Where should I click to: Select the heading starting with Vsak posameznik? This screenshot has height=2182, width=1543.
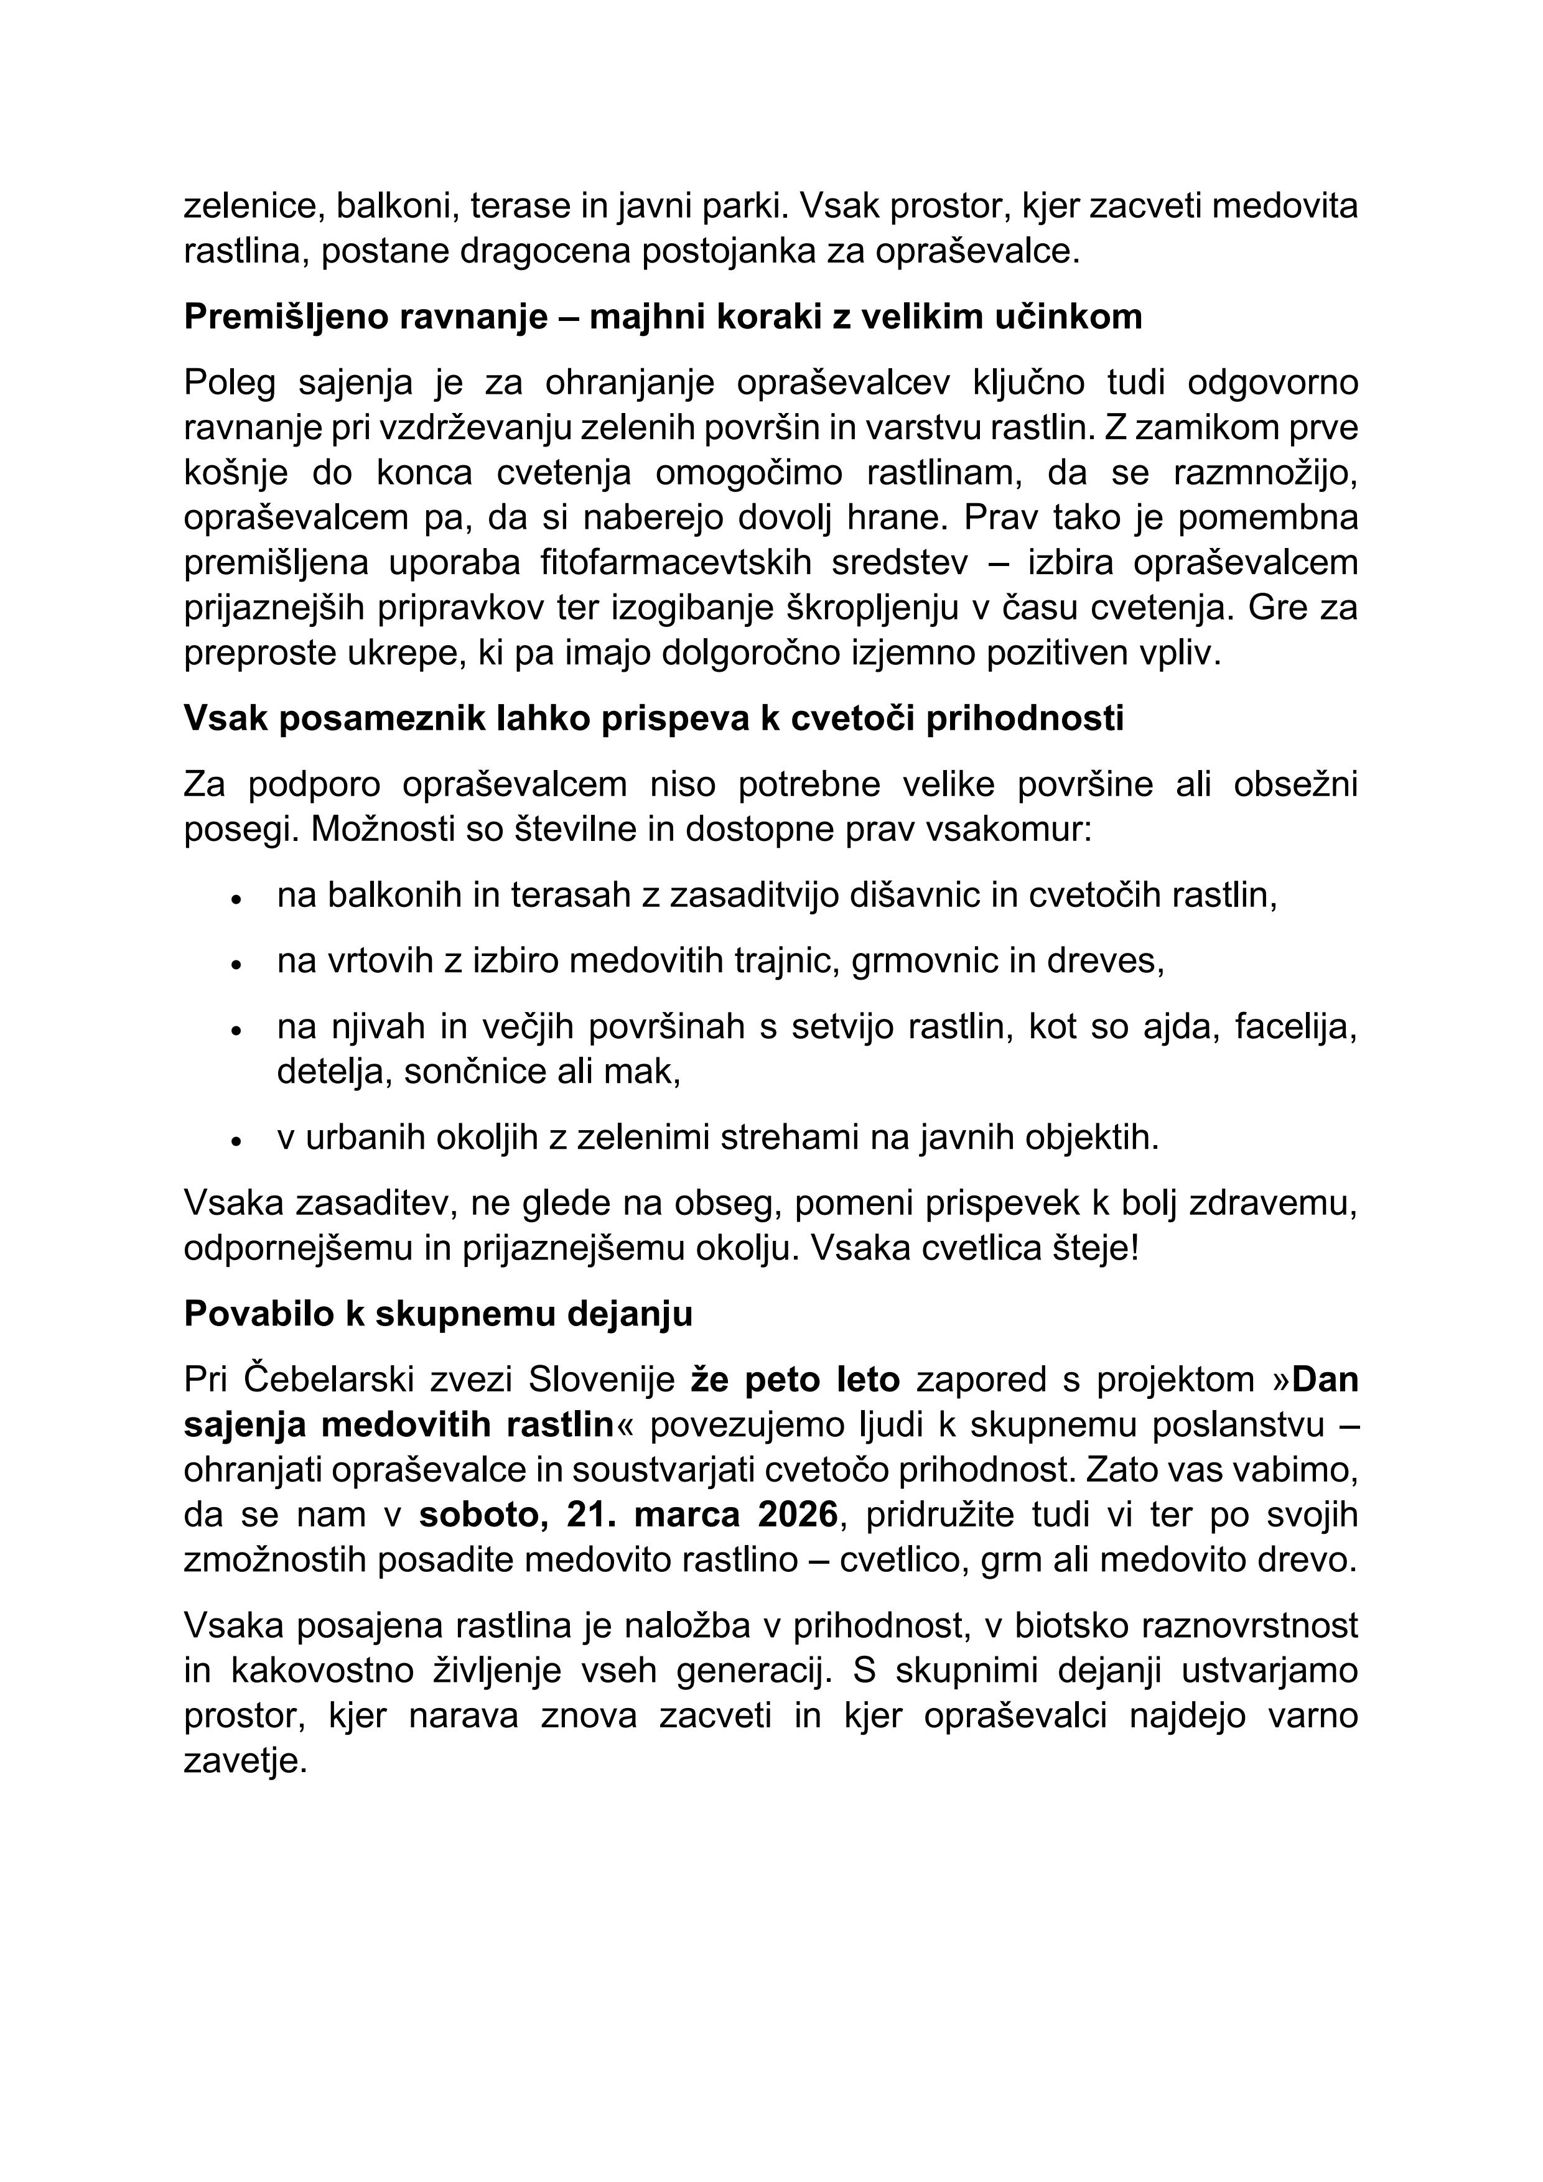(653, 718)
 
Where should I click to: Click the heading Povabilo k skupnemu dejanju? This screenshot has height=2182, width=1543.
(438, 1314)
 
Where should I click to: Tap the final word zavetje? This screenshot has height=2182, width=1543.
(245, 1763)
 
